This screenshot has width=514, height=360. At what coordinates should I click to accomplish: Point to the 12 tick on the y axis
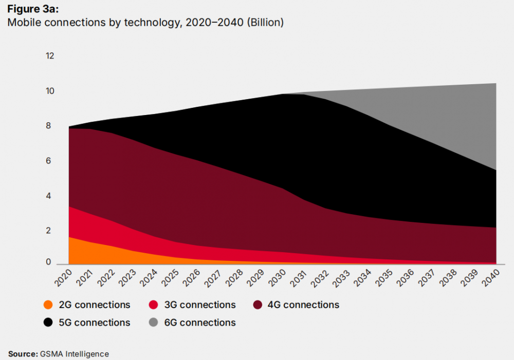(50, 56)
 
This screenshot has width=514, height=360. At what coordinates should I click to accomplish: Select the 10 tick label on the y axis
(50, 91)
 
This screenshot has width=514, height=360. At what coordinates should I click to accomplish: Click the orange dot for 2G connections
(48, 305)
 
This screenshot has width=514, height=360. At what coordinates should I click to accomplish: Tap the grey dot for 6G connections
(153, 323)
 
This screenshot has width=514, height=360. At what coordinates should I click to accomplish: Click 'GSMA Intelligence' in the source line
(75, 354)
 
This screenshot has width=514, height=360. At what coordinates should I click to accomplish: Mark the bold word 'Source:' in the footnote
(23, 354)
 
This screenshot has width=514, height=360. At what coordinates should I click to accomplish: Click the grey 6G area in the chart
(463, 123)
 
